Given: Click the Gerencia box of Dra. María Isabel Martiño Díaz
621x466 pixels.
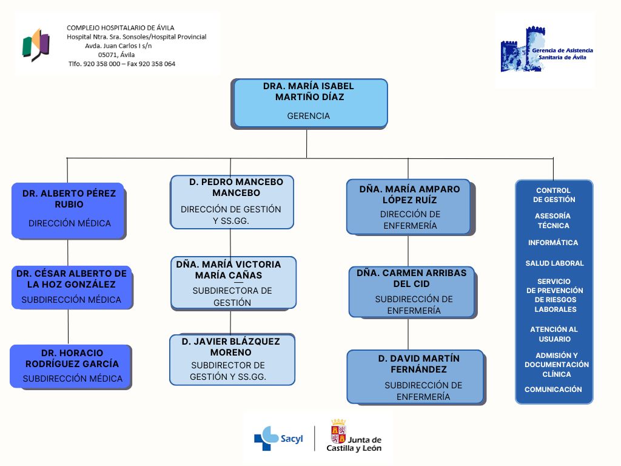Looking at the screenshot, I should point(310,103).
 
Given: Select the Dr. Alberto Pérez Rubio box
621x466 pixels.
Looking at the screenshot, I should point(68,210).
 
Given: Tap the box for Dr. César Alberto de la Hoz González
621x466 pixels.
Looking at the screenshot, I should point(72,286).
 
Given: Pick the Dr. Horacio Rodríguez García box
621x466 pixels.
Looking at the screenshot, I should point(70,366).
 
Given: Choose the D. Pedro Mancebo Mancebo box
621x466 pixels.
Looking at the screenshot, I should point(232,202).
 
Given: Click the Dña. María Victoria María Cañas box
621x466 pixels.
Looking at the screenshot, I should point(233,283).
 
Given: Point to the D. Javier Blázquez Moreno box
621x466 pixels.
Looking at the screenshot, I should point(232,359).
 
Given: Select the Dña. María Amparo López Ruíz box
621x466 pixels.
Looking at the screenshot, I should point(409,207).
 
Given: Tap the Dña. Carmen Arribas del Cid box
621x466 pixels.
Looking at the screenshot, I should point(411,292).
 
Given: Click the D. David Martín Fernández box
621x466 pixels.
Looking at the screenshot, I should point(415,377).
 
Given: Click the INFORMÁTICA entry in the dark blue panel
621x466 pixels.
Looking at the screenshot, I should point(553,243).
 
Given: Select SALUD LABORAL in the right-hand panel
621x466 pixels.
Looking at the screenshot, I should point(554,263).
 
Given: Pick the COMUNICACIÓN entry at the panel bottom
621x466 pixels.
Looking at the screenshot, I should point(553,390).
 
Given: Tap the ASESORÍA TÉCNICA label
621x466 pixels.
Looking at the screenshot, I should point(553,221).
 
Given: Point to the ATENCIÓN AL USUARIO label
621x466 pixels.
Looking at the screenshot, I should point(554,334).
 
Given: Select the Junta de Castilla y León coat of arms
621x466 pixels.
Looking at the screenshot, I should point(338,431).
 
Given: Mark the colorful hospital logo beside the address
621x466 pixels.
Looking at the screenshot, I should point(36,44).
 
